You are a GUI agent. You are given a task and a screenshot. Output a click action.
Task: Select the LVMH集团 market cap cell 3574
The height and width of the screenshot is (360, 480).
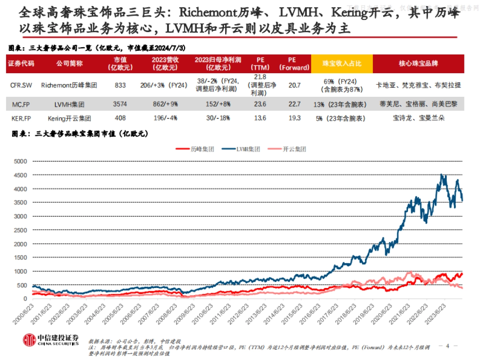tap(120, 104)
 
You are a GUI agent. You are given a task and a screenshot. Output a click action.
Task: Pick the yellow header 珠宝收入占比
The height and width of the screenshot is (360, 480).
tap(342, 64)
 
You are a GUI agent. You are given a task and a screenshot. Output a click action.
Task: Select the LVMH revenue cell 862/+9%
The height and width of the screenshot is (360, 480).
tap(164, 104)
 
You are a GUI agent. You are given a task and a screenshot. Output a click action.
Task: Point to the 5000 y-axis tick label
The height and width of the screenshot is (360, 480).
tap(20, 162)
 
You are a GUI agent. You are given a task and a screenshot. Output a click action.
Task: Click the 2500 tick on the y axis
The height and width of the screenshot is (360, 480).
tap(20, 230)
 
